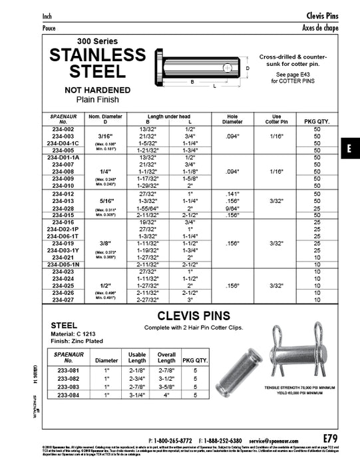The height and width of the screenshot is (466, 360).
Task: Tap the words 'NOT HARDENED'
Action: [x=97, y=89]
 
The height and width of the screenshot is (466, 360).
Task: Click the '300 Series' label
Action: [x=97, y=40]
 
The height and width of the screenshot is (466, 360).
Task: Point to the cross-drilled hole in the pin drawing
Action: [x=228, y=67]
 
